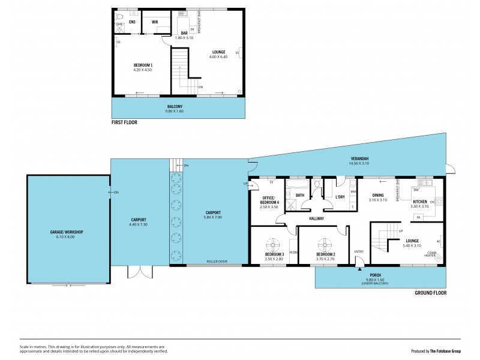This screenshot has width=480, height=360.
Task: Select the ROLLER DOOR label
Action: [217, 262]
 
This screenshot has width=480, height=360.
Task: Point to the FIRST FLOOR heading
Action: [125, 122]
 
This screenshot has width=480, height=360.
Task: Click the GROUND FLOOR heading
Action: [430, 293]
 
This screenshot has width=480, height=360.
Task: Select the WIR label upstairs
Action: [154, 22]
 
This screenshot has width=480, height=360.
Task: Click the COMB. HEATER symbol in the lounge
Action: [438, 257]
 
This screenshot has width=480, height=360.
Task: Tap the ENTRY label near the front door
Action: [359, 251]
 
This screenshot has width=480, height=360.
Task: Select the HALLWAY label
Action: [316, 219]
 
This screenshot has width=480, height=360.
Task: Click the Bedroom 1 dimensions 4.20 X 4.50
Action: [143, 70]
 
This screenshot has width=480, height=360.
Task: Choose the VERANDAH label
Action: [361, 159]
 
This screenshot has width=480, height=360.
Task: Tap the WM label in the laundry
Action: [353, 192]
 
